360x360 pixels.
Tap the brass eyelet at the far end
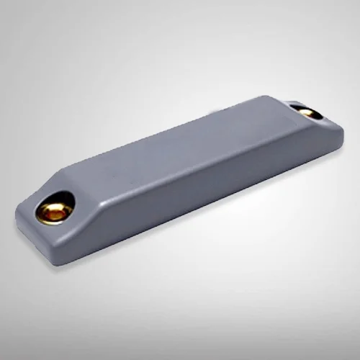pos(306,112)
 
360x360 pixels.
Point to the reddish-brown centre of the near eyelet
pos(52,212)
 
